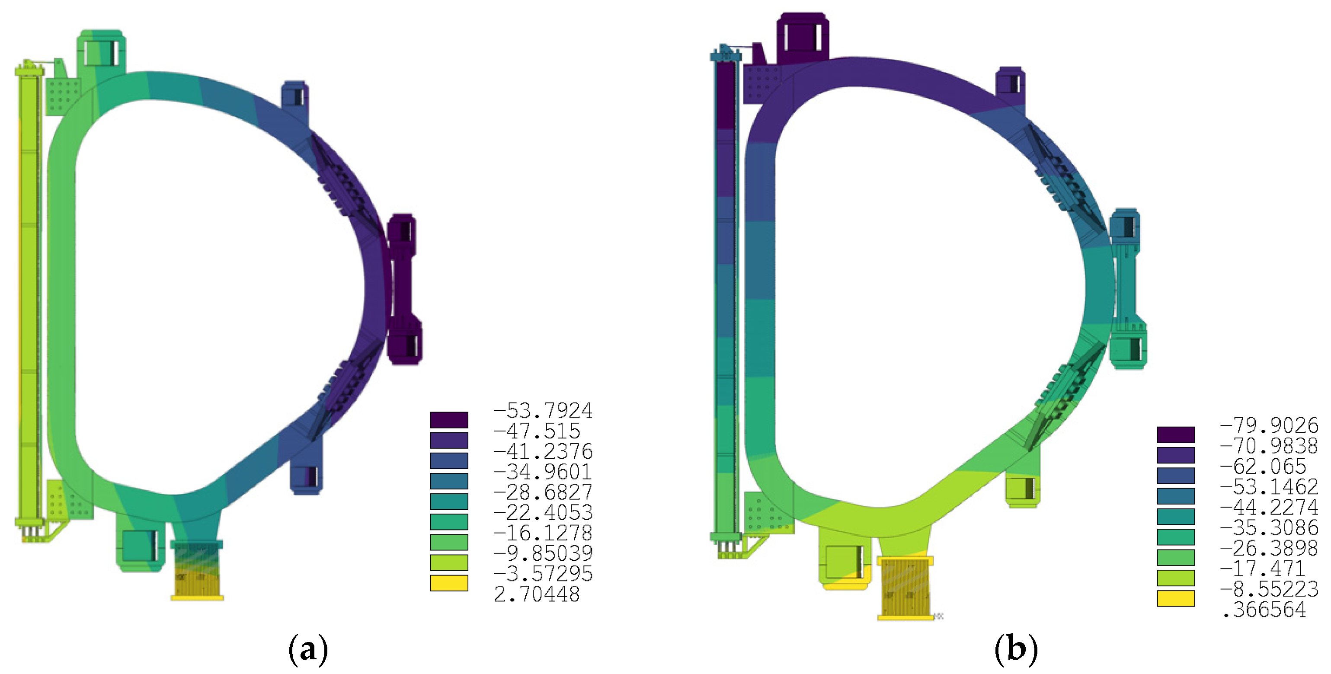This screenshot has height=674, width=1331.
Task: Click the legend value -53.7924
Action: click(x=543, y=411)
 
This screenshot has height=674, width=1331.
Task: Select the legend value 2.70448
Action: click(x=536, y=594)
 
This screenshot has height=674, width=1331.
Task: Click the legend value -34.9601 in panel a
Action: click(x=543, y=472)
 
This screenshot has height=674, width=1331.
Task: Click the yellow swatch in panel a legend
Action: click(x=449, y=583)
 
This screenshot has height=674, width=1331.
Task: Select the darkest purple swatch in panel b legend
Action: click(x=1175, y=434)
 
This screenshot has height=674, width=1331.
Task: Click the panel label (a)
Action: click(x=308, y=649)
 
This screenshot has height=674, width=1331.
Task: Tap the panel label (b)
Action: click(x=1016, y=649)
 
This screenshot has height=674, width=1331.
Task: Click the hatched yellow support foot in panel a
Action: click(x=197, y=571)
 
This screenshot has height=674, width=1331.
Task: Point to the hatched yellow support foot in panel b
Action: click(x=905, y=588)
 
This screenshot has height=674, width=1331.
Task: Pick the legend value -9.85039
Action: click(x=543, y=553)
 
